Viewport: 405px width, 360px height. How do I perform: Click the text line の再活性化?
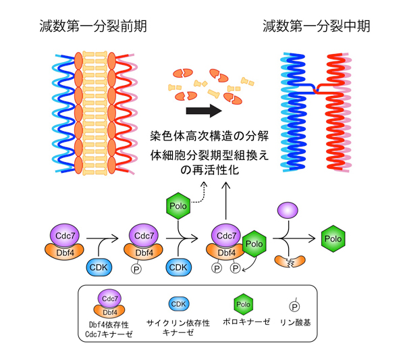[202, 169]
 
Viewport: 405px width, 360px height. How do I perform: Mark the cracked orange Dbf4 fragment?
[287, 260]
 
